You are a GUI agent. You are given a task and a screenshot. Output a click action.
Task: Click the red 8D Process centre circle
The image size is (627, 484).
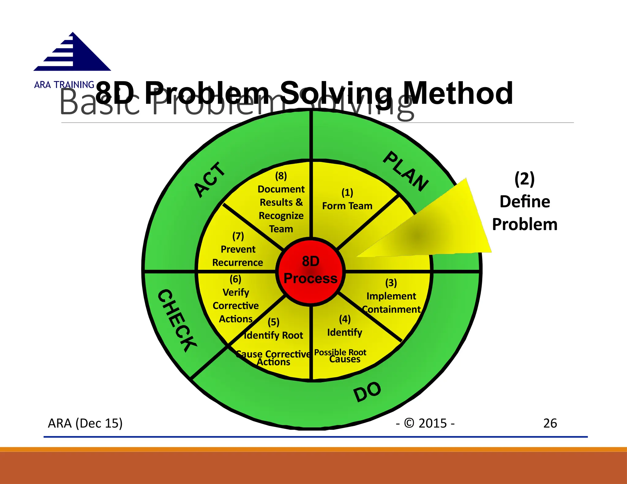(x=310, y=270)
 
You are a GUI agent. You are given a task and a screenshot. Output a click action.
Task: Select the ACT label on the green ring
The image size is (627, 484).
(x=210, y=180)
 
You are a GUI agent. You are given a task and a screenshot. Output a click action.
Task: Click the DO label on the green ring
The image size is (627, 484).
(x=367, y=392)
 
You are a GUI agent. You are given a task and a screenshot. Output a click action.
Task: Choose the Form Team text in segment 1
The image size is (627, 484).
(x=347, y=206)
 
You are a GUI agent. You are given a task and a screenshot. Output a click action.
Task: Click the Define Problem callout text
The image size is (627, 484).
(x=525, y=213)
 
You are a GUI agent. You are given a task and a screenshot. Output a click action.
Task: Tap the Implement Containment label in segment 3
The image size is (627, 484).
(x=391, y=303)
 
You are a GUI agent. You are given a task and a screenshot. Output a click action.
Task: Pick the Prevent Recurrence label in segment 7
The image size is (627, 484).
(x=238, y=256)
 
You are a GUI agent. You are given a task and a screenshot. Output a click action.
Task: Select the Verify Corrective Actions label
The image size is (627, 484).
(x=236, y=305)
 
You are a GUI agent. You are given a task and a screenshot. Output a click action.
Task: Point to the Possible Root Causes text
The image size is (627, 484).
(x=340, y=356)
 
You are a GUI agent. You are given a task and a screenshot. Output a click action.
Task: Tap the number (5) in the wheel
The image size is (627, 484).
(x=273, y=322)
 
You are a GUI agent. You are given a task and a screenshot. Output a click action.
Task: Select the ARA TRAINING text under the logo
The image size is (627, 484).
(x=64, y=85)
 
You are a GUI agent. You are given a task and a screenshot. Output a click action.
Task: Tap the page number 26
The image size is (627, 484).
(x=550, y=423)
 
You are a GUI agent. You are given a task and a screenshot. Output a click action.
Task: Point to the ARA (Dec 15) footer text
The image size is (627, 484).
(x=85, y=423)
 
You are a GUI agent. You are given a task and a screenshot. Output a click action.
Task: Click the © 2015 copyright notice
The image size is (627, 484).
(x=426, y=423)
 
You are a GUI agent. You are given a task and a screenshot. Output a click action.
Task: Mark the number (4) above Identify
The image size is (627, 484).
(x=345, y=319)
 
